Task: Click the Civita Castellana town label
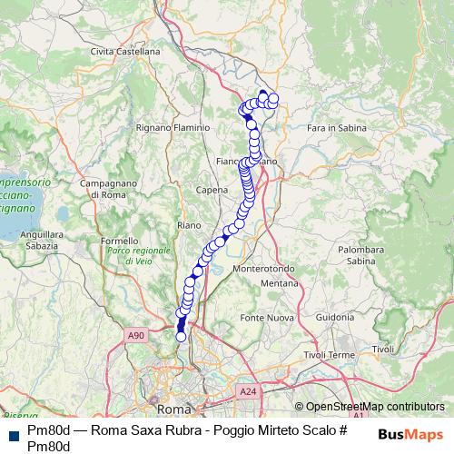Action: (x=125, y=52)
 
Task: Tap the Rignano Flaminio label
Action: (x=173, y=128)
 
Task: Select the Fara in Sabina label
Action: (x=337, y=128)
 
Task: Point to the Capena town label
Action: (x=212, y=191)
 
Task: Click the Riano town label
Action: (x=190, y=224)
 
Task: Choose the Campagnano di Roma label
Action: (x=103, y=189)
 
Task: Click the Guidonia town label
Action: (x=335, y=317)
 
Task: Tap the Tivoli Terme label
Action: (x=329, y=354)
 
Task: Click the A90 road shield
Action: (x=136, y=336)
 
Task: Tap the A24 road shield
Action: (x=248, y=390)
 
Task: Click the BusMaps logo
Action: (x=411, y=434)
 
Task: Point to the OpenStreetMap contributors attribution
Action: (x=374, y=407)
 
